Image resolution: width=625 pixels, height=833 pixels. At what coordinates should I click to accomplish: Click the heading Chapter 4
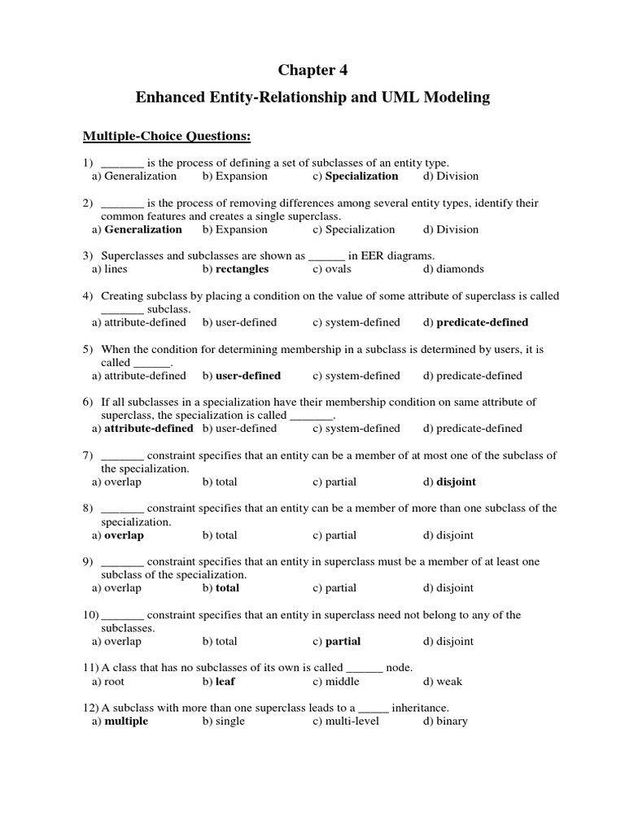point(312,70)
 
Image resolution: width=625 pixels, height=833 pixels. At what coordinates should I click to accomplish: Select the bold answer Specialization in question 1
point(361,176)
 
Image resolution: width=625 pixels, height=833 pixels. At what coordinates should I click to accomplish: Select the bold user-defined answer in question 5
point(247,376)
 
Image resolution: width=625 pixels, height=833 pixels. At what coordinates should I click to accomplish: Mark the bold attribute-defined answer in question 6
point(149,428)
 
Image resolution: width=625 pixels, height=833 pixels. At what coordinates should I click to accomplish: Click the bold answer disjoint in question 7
point(456,482)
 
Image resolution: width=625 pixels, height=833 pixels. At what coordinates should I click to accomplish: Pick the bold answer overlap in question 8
point(124,535)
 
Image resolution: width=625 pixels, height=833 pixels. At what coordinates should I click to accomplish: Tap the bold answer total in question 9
point(227,587)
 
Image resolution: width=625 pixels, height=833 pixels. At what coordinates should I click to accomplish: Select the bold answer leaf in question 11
point(225,682)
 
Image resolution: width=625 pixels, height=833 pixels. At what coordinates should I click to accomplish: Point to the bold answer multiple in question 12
point(126,721)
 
